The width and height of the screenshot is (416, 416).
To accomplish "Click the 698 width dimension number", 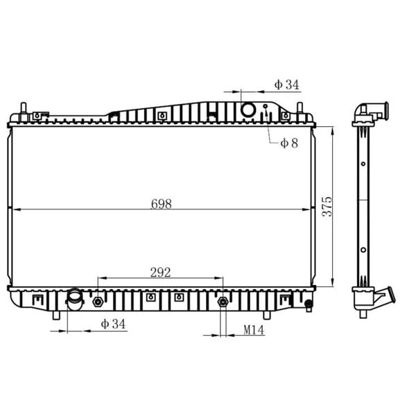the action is coord(161,204).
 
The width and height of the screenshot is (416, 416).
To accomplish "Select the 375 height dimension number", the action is coord(327,207).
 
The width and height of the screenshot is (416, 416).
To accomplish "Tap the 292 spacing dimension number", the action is coord(160,272).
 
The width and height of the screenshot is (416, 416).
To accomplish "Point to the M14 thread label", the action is coord(254,330).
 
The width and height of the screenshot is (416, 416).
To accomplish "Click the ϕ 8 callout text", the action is coord(289,144).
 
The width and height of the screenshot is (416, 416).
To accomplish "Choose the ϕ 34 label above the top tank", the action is coord(286,85).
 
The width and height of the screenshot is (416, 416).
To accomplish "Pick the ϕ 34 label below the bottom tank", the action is coord(113,324).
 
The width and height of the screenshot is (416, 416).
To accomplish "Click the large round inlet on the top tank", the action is coord(248,110).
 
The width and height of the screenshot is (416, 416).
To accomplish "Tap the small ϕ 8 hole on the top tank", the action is coord(265,106).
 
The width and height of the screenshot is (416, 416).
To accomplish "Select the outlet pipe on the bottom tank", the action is coord(75,300).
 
